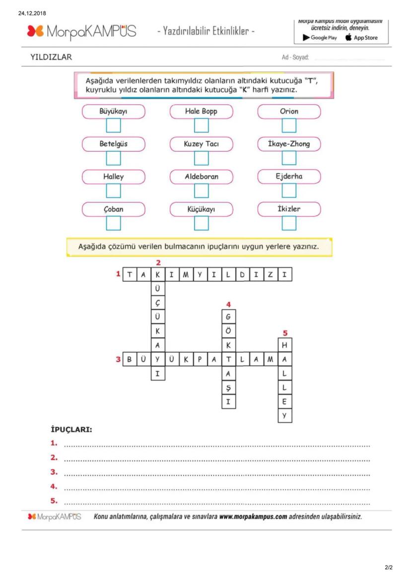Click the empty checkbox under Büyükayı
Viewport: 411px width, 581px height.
(x=113, y=126)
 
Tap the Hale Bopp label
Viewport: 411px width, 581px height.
(x=201, y=112)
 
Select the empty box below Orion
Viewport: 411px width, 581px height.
(x=289, y=126)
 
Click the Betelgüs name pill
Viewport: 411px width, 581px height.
(x=113, y=144)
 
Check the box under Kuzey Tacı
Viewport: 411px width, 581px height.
(x=201, y=158)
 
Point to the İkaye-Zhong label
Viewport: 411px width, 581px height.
(x=289, y=144)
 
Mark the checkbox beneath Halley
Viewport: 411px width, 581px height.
(x=113, y=191)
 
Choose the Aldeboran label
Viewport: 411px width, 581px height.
(x=201, y=177)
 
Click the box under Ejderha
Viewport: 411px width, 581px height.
(x=289, y=191)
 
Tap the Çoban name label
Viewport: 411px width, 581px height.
(x=113, y=209)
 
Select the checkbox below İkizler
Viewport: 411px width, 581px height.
(x=289, y=224)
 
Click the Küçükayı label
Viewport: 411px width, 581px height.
(x=201, y=209)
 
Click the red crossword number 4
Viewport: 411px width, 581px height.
(x=228, y=305)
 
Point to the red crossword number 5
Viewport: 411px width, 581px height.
(x=285, y=333)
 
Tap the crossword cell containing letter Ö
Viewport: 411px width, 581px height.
(x=228, y=330)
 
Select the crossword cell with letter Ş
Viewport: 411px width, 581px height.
(x=228, y=387)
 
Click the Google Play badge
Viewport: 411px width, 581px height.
(x=320, y=38)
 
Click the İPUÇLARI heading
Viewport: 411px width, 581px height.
(x=71, y=430)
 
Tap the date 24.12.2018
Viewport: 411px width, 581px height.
(x=32, y=13)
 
